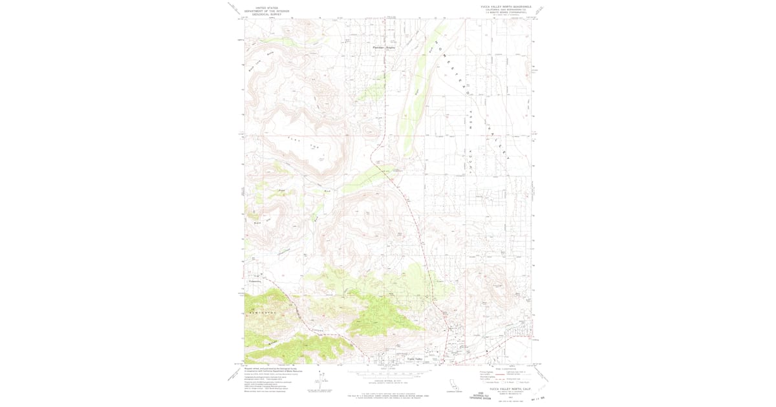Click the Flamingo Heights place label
click(383, 48)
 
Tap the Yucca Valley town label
click(415, 359)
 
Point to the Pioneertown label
click(255, 281)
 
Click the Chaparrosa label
click(283, 253)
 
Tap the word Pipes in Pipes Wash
click(281, 191)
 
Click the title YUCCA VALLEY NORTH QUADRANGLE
click(506, 5)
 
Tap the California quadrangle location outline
click(453, 386)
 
